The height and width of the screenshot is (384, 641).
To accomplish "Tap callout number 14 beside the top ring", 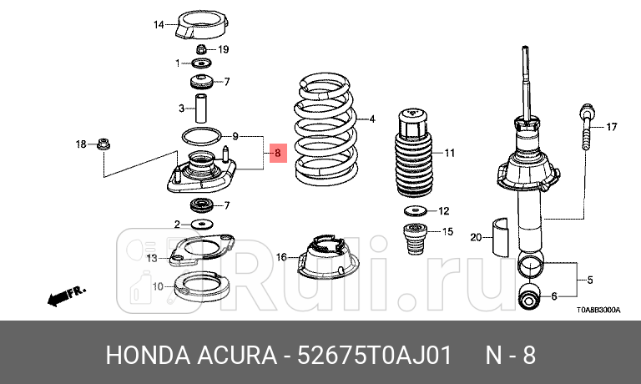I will pyautogui.click(x=159, y=25).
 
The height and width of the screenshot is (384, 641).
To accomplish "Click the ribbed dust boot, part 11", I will pyautogui.click(x=415, y=154).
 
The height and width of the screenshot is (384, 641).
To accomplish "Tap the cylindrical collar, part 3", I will pyautogui.click(x=201, y=108).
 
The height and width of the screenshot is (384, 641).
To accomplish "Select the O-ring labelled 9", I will pyautogui.click(x=201, y=135).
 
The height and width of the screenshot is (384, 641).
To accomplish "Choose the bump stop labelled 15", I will pyautogui.click(x=415, y=240).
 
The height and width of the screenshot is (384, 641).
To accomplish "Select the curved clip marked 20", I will pyautogui.click(x=502, y=237).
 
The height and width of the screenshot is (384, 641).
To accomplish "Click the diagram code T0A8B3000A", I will pyautogui.click(x=598, y=310).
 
